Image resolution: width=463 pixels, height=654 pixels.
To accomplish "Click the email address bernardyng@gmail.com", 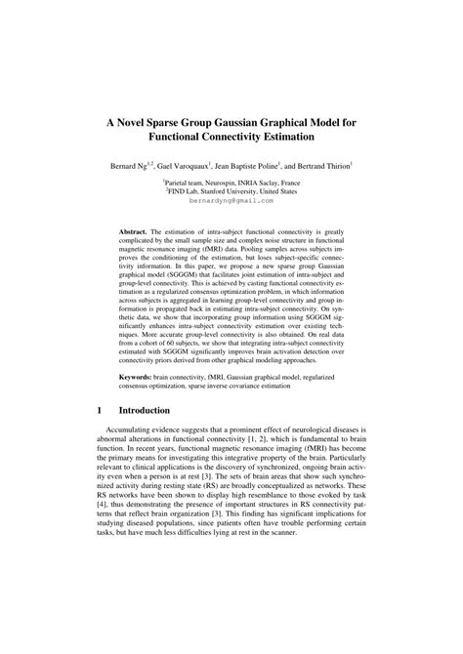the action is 231,200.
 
